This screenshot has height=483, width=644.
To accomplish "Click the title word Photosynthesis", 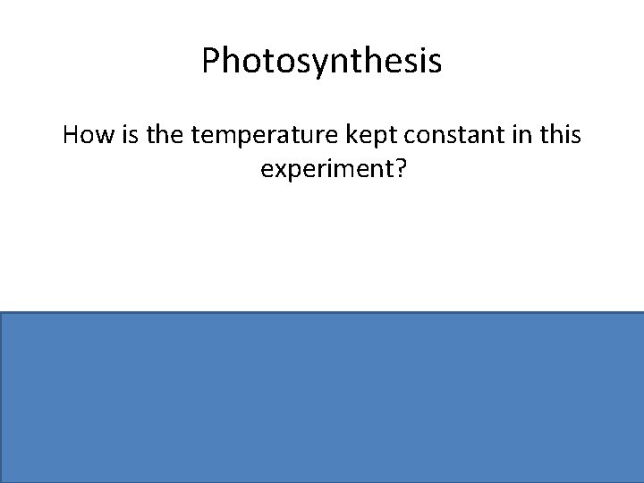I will (x=321, y=62).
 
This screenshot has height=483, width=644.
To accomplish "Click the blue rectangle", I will (x=322, y=396).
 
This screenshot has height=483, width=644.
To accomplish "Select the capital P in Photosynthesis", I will (x=210, y=61).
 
